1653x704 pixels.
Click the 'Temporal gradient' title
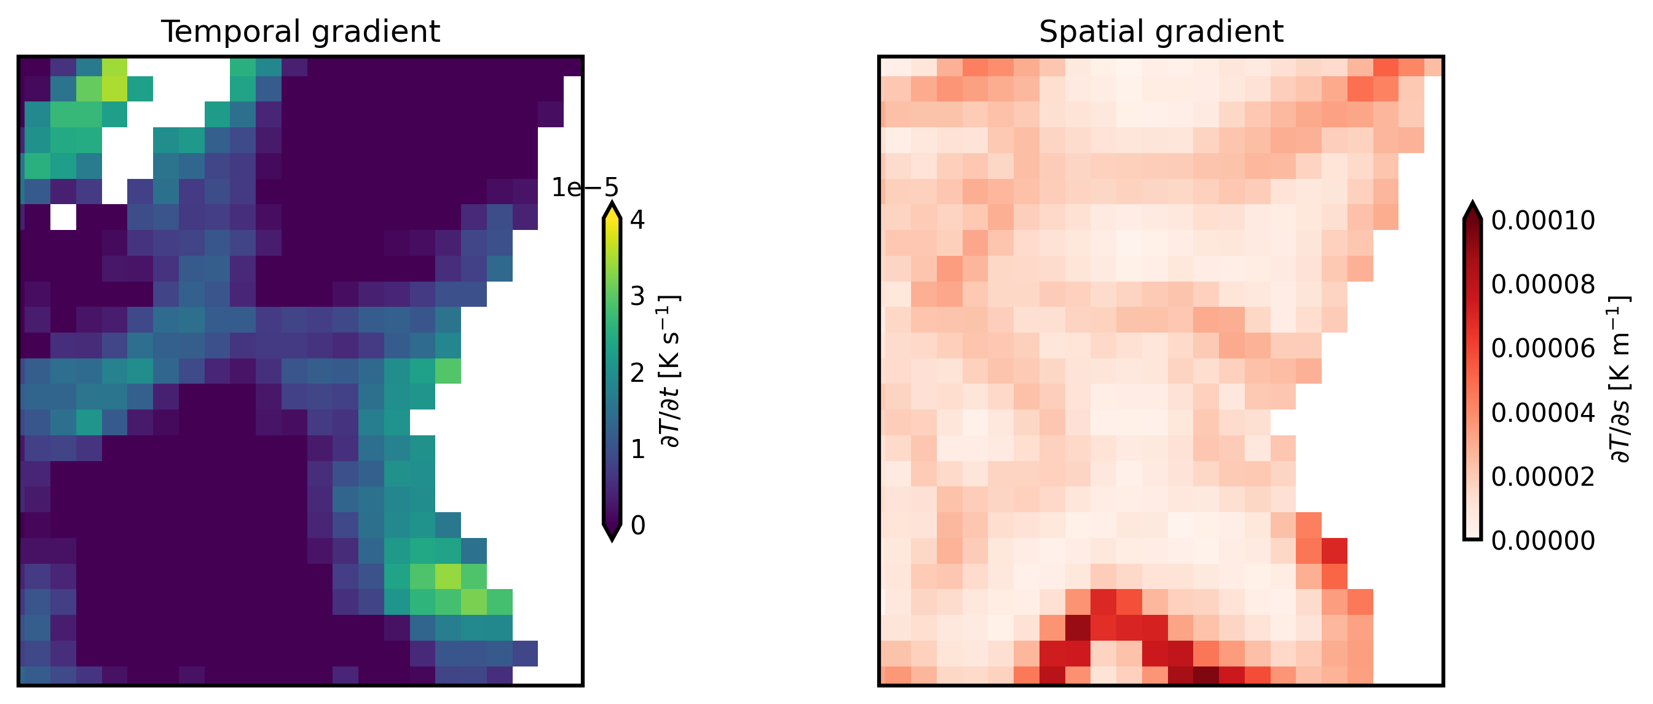click(x=301, y=31)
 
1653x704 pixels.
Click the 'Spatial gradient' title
click(x=1161, y=31)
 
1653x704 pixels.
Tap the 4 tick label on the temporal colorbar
click(x=637, y=220)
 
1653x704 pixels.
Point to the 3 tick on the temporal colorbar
click(x=637, y=296)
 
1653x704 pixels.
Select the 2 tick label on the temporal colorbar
click(x=637, y=373)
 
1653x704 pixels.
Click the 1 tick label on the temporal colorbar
click(x=637, y=449)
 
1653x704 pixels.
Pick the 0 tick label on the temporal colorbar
click(x=637, y=526)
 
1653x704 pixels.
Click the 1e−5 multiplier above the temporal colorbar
click(x=585, y=188)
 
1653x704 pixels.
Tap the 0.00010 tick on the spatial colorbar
click(x=1542, y=221)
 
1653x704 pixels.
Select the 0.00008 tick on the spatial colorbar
click(x=1542, y=284)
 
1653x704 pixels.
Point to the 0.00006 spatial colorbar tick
click(x=1542, y=349)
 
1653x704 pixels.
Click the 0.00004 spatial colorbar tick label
click(x=1542, y=413)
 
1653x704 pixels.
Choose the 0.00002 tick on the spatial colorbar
click(x=1542, y=477)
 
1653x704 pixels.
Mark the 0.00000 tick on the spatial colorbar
click(x=1542, y=541)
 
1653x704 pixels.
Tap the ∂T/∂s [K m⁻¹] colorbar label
click(x=1620, y=379)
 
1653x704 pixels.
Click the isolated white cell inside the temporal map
click(x=63, y=217)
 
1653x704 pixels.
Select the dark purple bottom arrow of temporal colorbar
click(x=612, y=532)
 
